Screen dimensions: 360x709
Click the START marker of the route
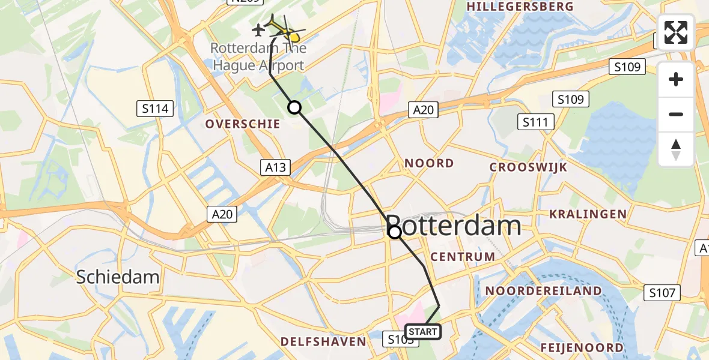tap(423, 331)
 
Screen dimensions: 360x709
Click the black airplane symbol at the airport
tap(258, 29)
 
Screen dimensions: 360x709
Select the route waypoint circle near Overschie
tap(294, 107)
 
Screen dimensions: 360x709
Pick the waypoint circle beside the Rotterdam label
tap(395, 232)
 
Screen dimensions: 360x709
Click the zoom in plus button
tap(676, 79)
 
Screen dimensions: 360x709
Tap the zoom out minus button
tap(676, 114)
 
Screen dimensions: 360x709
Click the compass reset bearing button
tap(676, 149)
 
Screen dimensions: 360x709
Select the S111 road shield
tap(535, 122)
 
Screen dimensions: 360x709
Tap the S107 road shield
tap(663, 293)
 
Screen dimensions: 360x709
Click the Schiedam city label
tap(118, 277)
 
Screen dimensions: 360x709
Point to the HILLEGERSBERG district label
tap(520, 7)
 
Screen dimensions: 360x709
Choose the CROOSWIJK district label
tap(528, 167)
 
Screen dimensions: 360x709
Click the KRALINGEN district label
tap(588, 214)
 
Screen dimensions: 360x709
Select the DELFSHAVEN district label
tap(323, 341)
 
